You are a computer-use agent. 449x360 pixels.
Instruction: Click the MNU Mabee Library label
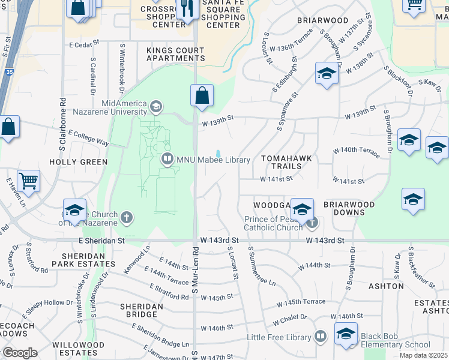pyautogui.click(x=212, y=160)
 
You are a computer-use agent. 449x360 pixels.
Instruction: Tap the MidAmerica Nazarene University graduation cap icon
pyautogui.click(x=156, y=107)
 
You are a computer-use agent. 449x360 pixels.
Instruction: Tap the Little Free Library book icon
pyautogui.click(x=321, y=337)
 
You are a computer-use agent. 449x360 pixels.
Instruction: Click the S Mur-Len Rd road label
pyautogui.click(x=194, y=269)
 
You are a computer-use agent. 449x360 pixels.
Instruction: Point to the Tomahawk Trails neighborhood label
pyautogui.click(x=286, y=162)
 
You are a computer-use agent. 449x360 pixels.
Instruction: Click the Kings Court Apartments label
pyautogui.click(x=175, y=54)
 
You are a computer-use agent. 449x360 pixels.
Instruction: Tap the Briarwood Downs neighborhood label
pyautogui.click(x=349, y=208)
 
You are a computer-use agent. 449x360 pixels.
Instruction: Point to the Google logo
pyautogui.click(x=19, y=353)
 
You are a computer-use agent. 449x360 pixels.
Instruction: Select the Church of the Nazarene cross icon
pyautogui.click(x=126, y=217)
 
